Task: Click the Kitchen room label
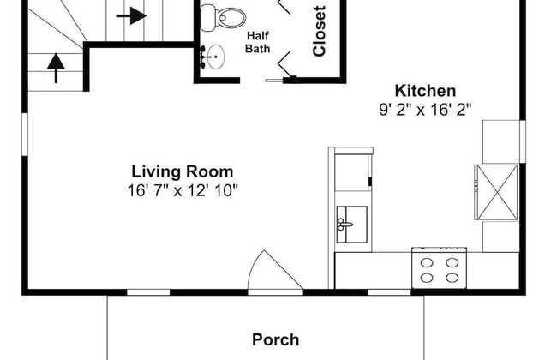[424, 91]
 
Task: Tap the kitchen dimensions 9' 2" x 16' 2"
[425, 109]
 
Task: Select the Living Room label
[182, 171]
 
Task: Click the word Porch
[275, 339]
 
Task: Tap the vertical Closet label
[320, 32]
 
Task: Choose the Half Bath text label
[258, 42]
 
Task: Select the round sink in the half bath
[214, 58]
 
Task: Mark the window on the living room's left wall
[25, 137]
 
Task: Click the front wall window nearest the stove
[383, 292]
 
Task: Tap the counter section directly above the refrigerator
[500, 140]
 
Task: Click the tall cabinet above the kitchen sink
[351, 171]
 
